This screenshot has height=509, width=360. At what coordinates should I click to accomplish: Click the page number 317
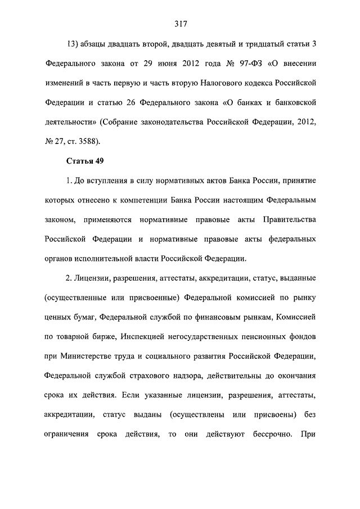[180, 24]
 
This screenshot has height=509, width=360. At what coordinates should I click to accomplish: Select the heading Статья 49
[84, 161]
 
